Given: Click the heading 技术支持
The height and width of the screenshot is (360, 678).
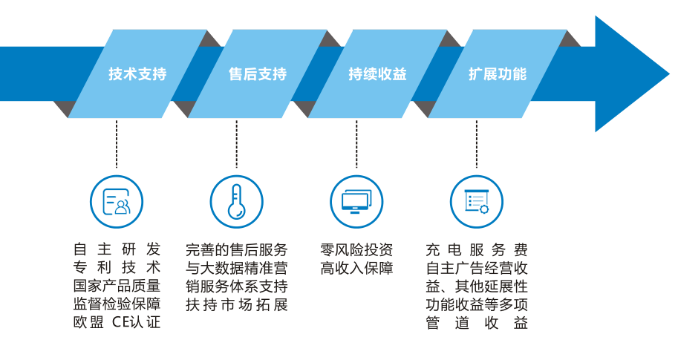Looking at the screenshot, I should pos(137,74).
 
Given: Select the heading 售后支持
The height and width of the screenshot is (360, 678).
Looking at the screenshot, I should pos(257,74).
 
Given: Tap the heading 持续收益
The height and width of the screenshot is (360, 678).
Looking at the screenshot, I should pos(377,74).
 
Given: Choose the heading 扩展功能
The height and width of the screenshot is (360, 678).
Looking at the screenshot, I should pos(497,74).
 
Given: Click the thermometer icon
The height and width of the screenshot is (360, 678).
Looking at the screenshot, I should pos(236,201).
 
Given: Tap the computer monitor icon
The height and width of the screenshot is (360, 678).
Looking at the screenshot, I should pos(356,201).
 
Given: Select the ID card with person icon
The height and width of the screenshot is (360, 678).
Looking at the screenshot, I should pos(117,201).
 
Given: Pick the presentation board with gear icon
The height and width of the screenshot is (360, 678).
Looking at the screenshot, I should pos(477,201).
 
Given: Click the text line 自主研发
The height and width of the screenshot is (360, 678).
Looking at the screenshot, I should pos(117,249).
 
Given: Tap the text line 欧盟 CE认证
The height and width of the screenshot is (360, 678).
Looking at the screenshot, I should pos(117,322).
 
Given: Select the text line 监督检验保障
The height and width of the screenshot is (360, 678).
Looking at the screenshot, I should pos(117,304).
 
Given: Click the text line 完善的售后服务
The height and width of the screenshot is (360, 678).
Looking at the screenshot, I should pos(236,249).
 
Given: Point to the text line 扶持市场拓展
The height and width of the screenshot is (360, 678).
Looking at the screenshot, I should pos(236,304).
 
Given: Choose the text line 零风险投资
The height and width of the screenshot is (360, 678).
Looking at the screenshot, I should pos(356,249).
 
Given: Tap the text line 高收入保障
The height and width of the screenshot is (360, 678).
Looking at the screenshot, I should pos(356,268).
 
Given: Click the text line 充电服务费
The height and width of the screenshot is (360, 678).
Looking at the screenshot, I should pos(477,249).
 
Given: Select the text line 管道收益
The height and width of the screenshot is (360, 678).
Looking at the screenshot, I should pos(477,322).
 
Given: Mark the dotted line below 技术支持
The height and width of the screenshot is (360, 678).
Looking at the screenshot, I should pos(117,145).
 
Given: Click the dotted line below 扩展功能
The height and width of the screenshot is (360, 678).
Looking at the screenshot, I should pos(477,145).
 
